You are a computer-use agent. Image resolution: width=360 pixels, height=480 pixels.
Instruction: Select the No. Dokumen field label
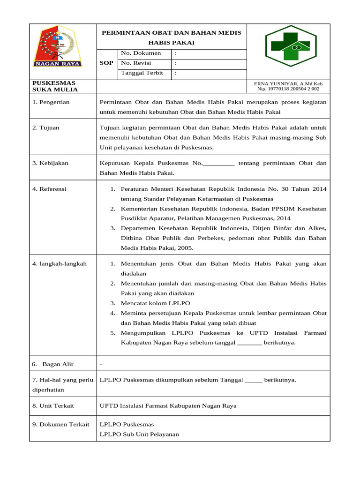(141, 53)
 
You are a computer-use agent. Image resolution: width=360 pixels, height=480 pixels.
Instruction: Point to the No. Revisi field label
(138, 63)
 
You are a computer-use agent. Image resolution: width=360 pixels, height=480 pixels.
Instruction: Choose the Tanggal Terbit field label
(142, 73)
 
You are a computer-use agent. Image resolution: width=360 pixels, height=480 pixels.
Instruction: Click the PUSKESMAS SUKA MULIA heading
(55, 86)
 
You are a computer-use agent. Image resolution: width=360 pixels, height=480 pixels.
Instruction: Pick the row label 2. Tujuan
(46, 127)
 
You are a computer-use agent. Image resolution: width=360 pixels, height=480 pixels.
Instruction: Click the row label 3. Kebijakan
(50, 163)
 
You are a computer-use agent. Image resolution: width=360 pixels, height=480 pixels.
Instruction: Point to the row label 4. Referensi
(49, 189)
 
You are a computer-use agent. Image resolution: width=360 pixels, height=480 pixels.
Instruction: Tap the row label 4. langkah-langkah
(60, 264)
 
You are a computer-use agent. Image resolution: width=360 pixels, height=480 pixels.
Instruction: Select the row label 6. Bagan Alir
(52, 364)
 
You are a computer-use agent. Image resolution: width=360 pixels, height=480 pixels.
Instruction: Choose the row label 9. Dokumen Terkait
(60, 424)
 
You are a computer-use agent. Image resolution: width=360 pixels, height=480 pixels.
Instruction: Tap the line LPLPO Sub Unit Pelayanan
(139, 435)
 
